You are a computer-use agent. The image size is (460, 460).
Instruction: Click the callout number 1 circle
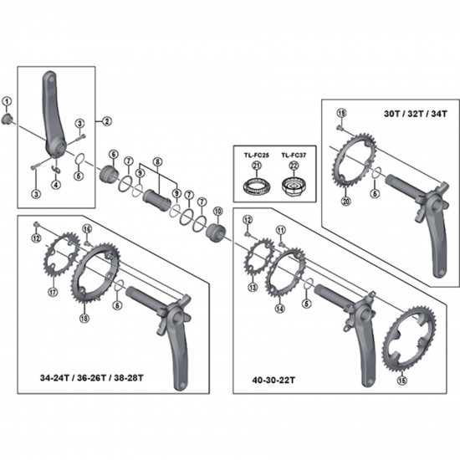pyautogui.click(x=8, y=102)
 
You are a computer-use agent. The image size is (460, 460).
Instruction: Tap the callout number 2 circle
pyautogui.click(x=107, y=121)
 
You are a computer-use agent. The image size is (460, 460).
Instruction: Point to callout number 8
pyautogui.click(x=157, y=161)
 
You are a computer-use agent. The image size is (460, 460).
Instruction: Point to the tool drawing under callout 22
pyautogui.click(x=294, y=186)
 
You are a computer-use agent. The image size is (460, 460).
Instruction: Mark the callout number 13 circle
pyautogui.click(x=252, y=286)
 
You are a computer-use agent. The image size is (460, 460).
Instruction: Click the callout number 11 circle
pyautogui.click(x=280, y=229)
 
